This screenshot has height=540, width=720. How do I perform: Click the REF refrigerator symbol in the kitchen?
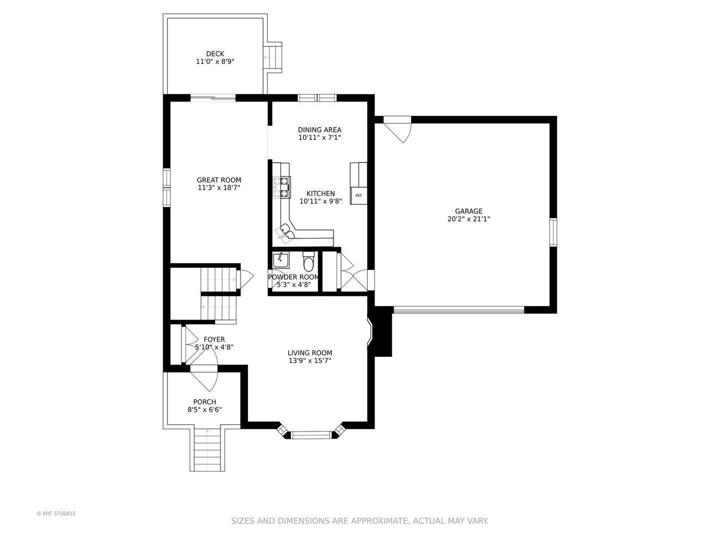tap(358, 195)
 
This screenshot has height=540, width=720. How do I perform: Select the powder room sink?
tap(281, 261)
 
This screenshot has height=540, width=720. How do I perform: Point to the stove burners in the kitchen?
tap(282, 187)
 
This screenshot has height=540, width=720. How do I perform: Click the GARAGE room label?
tap(468, 211)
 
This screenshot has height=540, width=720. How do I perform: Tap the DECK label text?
tap(215, 54)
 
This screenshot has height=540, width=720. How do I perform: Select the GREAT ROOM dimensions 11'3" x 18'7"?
tap(219, 188)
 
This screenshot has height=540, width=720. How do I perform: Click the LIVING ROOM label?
tap(310, 353)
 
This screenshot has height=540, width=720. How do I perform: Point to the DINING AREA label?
tap(319, 130)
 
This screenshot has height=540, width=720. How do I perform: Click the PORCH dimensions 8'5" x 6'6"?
tap(204, 410)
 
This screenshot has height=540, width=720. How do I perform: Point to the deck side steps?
tap(273, 58)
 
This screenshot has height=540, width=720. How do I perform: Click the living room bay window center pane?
tap(311, 435)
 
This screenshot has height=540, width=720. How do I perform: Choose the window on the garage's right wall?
tap(553, 232)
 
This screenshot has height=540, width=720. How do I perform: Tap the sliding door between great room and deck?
tap(213, 97)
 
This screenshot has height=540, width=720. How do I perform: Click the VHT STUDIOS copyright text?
tap(56, 513)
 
